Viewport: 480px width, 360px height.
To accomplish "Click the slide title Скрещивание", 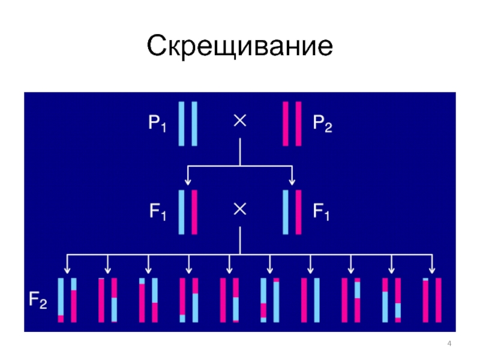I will (x=240, y=47).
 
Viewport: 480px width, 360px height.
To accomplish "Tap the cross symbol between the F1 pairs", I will (x=239, y=209).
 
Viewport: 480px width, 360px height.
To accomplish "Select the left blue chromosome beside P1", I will (x=181, y=124).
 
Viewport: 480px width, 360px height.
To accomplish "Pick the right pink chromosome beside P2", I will (x=298, y=124).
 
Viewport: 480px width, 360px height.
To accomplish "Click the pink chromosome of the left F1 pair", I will (x=194, y=212).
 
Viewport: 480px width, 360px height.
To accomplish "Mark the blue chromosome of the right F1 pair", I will (x=286, y=212).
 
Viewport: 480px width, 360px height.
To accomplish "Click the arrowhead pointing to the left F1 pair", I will (x=188, y=181).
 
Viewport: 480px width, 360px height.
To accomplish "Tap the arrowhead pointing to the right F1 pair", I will (x=292, y=181).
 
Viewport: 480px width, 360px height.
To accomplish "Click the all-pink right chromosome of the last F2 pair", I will (x=438, y=300).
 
